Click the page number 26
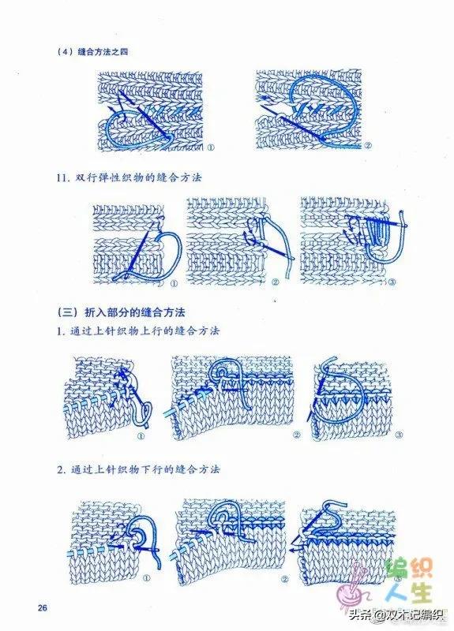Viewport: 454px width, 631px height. pyautogui.click(x=43, y=608)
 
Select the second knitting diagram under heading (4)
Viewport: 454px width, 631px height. pyautogui.click(x=312, y=110)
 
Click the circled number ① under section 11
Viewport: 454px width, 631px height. pyautogui.click(x=172, y=282)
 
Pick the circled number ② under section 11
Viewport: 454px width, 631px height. pyautogui.click(x=276, y=282)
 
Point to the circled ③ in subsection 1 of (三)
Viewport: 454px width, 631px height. pyautogui.click(x=399, y=435)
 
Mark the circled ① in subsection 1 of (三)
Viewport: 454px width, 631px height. pyautogui.click(x=141, y=435)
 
